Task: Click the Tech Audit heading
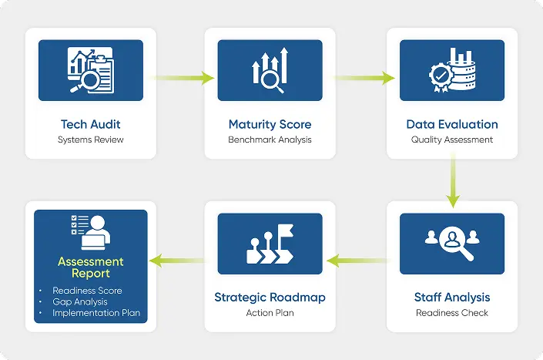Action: [x=91, y=124]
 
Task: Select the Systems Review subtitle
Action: [x=91, y=140]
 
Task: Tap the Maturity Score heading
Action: [x=270, y=124]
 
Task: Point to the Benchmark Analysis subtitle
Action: [x=270, y=140]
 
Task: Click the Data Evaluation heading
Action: [x=452, y=124]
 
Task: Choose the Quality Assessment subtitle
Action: [x=452, y=140]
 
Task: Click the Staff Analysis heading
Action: [x=452, y=297]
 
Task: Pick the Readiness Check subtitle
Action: [x=452, y=313]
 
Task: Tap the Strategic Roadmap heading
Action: [x=270, y=297]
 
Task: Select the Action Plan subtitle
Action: [x=270, y=313]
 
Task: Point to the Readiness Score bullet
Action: [x=87, y=291]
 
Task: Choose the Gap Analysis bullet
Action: [x=80, y=301]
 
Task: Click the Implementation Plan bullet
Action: [x=96, y=313]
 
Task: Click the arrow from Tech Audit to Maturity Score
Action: [x=181, y=77]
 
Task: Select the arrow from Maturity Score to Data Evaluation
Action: [x=362, y=77]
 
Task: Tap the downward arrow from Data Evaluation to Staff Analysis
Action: [x=452, y=181]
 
